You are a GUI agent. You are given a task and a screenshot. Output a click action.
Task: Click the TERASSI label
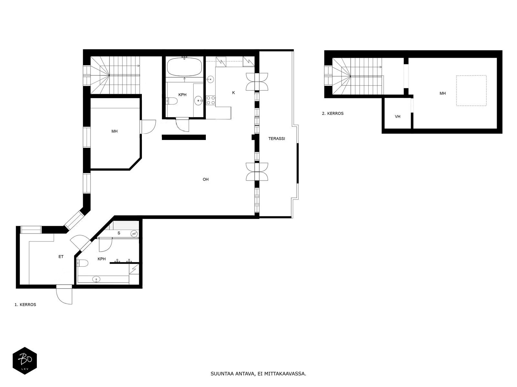[277, 139]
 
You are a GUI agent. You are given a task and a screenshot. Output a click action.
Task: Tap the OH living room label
[206, 179]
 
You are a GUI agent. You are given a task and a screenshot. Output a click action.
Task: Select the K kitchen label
[233, 93]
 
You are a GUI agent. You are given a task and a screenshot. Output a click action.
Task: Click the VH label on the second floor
[397, 116]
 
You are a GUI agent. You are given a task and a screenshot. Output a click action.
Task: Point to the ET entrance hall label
[61, 257]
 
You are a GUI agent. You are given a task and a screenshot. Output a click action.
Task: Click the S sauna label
[119, 233]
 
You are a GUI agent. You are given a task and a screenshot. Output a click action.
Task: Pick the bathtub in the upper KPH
[185, 67]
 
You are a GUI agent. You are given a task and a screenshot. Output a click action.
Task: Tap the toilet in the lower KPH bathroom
[82, 263]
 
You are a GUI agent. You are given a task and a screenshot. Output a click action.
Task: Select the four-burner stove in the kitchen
[211, 100]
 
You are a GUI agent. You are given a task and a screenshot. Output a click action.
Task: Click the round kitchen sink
[210, 79]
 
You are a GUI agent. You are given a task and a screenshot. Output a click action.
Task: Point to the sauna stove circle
[134, 233]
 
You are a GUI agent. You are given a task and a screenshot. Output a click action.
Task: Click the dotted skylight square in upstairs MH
[471, 91]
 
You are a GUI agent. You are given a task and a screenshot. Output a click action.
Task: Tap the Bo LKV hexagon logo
[25, 361]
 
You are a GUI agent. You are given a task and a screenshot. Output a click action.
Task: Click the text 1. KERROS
[26, 304]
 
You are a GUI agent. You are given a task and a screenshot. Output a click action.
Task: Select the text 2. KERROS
[333, 113]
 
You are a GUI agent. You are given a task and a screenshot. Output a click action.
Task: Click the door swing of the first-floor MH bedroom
[148, 127]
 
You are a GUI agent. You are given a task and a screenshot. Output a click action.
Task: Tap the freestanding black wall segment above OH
[184, 137]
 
